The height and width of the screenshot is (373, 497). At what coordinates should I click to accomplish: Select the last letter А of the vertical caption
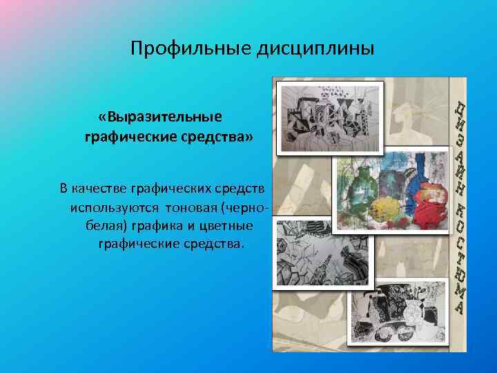[458, 309]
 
